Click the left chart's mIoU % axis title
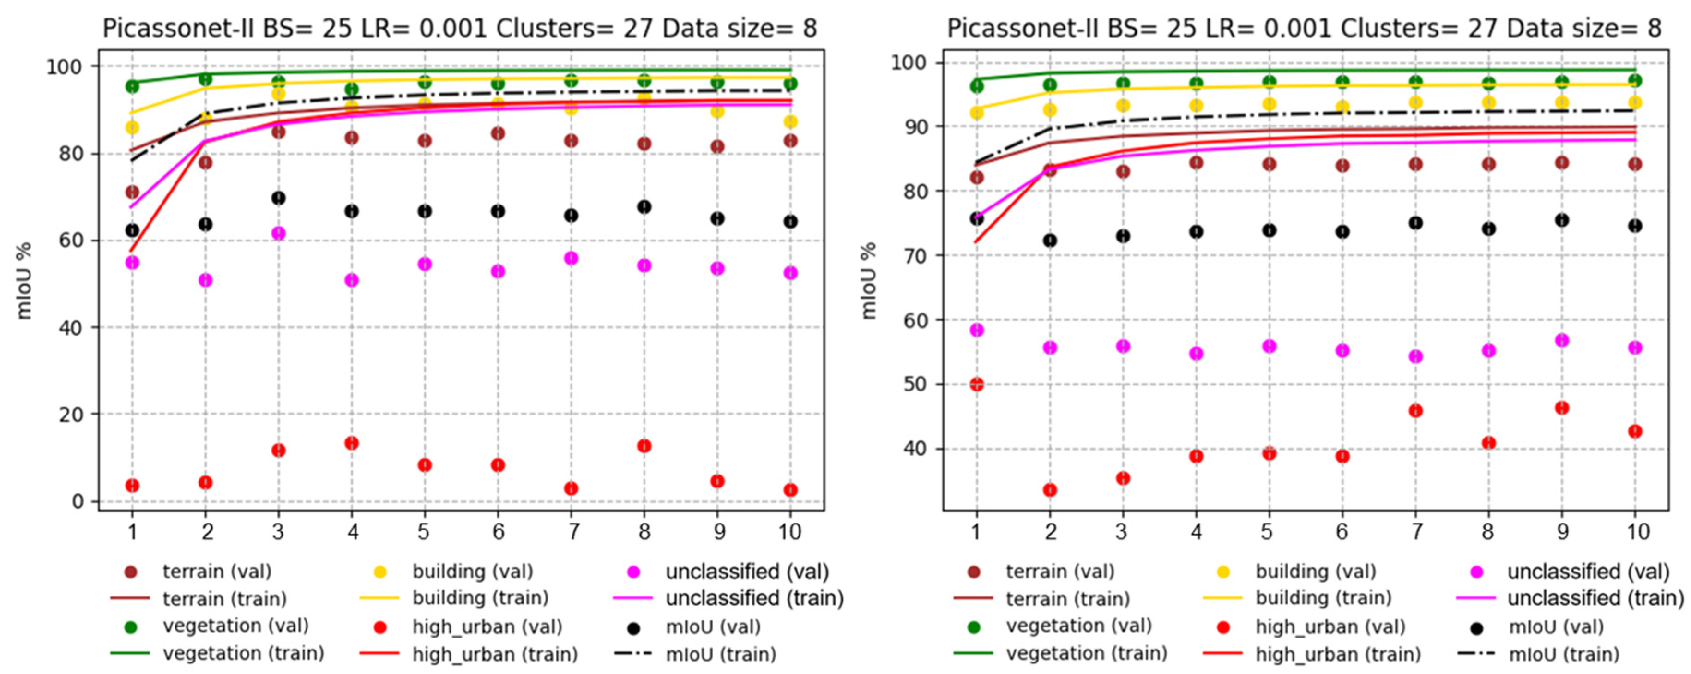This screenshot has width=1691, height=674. click(24, 281)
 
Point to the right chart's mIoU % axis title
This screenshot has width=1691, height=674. click(868, 281)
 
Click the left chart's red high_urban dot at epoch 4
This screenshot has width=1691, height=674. click(352, 443)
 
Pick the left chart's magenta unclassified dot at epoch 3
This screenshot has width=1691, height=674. click(278, 233)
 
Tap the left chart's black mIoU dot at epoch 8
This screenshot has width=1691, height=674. click(644, 207)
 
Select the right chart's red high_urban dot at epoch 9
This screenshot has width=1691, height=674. click(1562, 408)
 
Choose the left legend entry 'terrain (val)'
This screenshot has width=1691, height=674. click(217, 572)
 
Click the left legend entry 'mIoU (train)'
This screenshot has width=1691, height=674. click(721, 654)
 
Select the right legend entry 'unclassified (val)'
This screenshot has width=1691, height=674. click(1588, 572)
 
